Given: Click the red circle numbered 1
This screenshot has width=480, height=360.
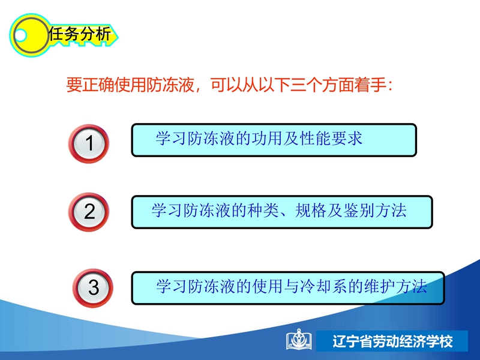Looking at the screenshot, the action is coord(88,143).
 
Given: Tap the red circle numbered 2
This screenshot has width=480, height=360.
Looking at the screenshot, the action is coord(88,212).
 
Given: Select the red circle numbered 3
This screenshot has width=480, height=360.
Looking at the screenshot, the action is coord(93,288).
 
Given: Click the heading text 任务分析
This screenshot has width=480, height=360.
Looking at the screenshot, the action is coord(80,34).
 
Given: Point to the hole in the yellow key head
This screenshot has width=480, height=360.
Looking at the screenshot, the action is coord(20,35).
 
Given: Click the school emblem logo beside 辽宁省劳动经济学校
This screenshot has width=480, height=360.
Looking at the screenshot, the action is coord(298,340).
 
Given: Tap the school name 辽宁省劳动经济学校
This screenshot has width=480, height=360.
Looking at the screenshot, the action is coord(392,341).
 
